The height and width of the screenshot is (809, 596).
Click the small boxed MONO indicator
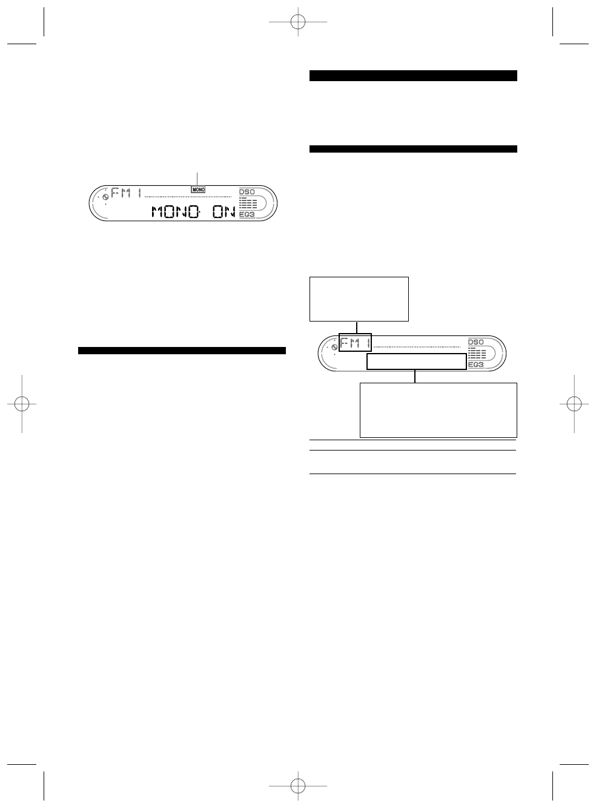(x=198, y=190)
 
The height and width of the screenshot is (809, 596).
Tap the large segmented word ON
(x=224, y=212)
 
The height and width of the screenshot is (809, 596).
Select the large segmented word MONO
(x=176, y=212)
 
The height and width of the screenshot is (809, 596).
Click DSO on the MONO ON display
(x=247, y=192)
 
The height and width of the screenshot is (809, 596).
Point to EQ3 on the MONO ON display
(x=247, y=214)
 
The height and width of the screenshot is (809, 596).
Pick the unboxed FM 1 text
(x=126, y=193)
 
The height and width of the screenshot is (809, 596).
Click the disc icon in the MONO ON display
(x=105, y=197)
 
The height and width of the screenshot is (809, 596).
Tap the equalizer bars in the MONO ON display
(x=248, y=203)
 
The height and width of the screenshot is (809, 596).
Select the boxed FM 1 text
(x=355, y=343)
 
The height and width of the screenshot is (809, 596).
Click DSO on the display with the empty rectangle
(x=476, y=342)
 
